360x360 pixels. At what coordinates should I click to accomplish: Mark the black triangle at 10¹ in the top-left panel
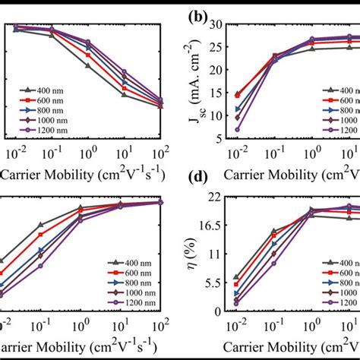(124, 94)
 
